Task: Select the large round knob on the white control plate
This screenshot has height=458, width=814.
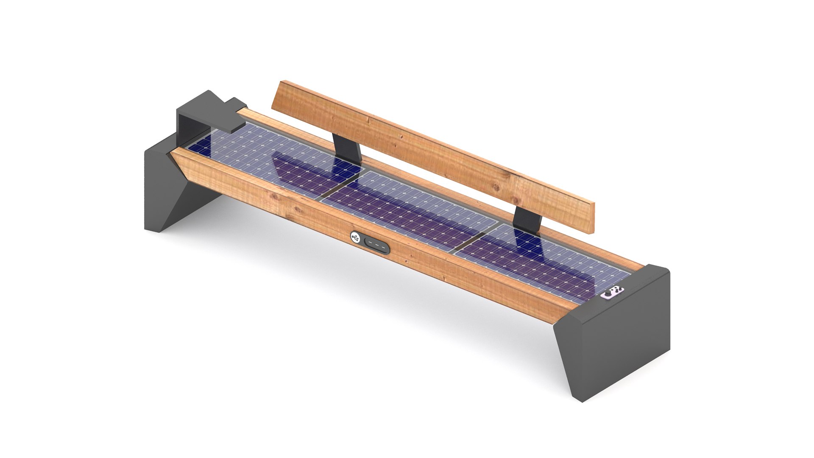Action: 612,293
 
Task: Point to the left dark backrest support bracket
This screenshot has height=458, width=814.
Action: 347,148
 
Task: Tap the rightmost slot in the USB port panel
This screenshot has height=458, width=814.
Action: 383,248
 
